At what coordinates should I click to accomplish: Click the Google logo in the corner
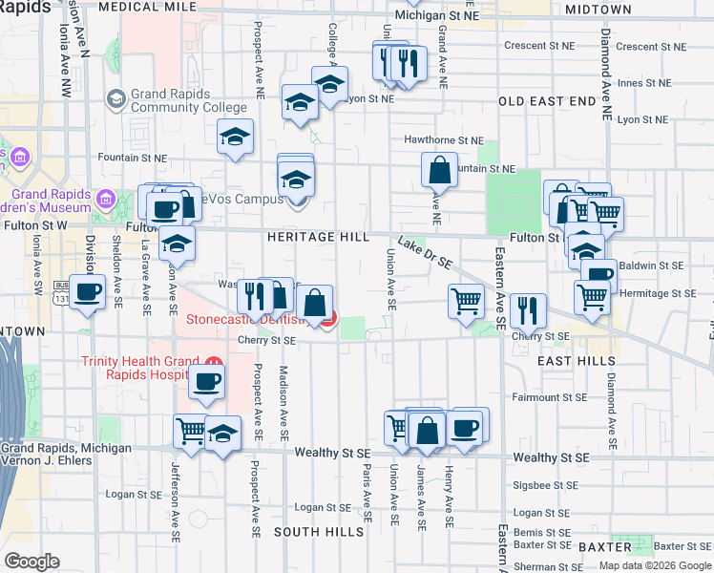(32, 562)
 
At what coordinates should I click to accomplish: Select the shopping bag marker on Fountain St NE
(439, 171)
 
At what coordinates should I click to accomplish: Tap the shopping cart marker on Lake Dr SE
(466, 300)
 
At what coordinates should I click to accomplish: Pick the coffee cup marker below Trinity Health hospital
(206, 381)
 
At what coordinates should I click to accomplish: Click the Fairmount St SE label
(548, 396)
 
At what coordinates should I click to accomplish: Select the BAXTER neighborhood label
(604, 547)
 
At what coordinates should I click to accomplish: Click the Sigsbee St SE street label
(549, 485)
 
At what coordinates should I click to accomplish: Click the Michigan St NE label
(437, 15)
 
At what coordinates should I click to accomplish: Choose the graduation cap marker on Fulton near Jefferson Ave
(177, 244)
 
